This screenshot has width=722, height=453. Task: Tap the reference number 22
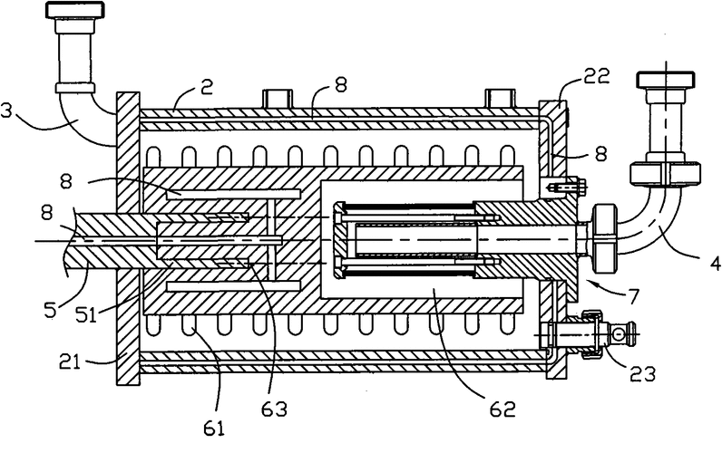click(x=597, y=76)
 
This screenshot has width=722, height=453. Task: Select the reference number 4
click(x=715, y=264)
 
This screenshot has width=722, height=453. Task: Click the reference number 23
click(x=642, y=374)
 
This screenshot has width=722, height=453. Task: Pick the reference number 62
click(x=502, y=409)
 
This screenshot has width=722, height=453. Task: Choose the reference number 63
click(x=274, y=409)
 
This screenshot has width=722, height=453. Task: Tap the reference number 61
click(x=214, y=429)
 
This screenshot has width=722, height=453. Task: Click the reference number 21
click(x=70, y=361)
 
